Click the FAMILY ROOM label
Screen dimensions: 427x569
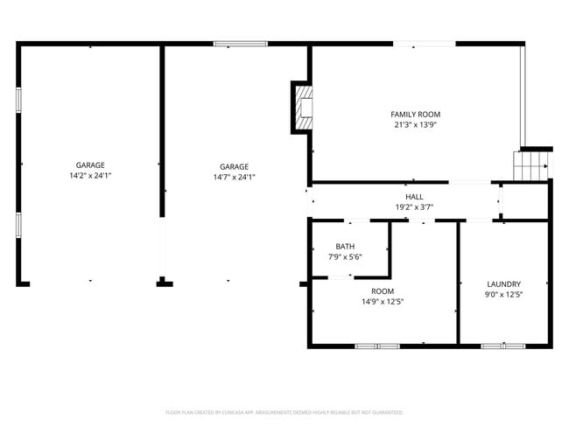point(415,115)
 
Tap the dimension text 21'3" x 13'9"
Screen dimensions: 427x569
point(415,125)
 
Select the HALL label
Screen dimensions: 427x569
point(414,197)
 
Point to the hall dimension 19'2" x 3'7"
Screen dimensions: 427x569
point(414,207)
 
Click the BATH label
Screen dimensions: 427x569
point(345,247)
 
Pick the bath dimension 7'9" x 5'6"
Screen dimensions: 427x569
point(345,257)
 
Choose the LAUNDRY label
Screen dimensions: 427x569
point(504,284)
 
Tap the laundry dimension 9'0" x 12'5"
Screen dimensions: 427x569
point(504,295)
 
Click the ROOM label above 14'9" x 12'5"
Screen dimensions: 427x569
point(383,291)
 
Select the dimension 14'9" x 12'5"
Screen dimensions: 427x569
point(383,302)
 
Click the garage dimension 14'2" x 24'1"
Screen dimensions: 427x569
point(90,176)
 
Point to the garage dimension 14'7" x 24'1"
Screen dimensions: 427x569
point(234,177)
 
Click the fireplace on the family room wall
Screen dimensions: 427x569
point(303,107)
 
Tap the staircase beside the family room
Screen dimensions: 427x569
point(531,164)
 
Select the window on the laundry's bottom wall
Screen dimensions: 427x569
point(503,346)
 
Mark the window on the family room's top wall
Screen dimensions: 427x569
point(423,43)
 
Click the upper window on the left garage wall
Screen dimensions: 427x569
point(18,99)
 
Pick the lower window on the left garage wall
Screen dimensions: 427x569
point(18,225)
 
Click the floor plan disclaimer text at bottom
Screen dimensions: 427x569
point(284,411)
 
